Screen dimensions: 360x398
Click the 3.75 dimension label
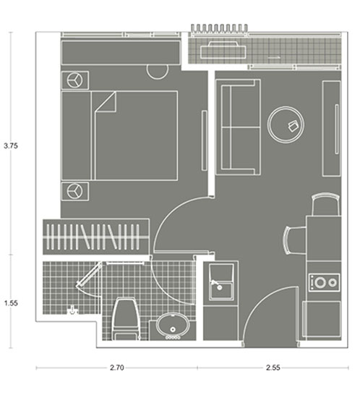coord(11,146)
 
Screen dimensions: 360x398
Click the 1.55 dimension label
coord(11,303)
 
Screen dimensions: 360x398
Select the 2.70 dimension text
coord(117,368)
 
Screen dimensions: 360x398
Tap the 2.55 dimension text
coord(273,368)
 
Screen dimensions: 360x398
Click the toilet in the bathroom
coord(126,319)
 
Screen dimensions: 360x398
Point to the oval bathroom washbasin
coord(173,326)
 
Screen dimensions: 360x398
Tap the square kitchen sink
coord(221,281)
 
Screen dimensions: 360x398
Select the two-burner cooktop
coord(325,282)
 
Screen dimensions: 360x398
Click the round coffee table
coord(286,124)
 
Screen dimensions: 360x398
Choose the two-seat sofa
coord(238,127)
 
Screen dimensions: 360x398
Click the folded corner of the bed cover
coord(106,101)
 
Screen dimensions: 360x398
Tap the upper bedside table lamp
coord(74,80)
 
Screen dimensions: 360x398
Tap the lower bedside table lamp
coord(74,191)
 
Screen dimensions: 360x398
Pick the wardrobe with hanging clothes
coord(96,237)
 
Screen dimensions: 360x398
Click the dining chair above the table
coord(326,205)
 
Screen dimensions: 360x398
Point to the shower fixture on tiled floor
coord(72,310)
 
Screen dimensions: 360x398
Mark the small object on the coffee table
coord(293,126)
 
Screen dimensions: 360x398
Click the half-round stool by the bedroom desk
coord(158,72)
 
